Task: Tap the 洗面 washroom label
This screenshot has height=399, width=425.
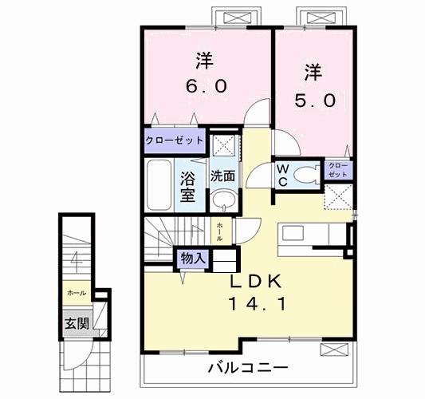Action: pyautogui.click(x=222, y=176)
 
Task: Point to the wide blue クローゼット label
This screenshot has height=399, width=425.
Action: pyautogui.click(x=175, y=141)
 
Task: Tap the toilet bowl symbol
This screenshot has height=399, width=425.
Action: pyautogui.click(x=304, y=175)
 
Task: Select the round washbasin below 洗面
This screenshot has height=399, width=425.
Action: pyautogui.click(x=223, y=199)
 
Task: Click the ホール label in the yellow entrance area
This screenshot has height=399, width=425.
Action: pyautogui.click(x=77, y=293)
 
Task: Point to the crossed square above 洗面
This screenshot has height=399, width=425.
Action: pyautogui.click(x=222, y=144)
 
